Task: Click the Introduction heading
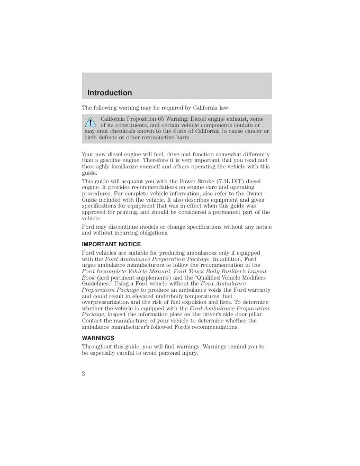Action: coord(110,93)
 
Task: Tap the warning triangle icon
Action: coord(91,122)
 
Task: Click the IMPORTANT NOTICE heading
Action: coord(111,245)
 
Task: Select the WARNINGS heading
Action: coord(98,338)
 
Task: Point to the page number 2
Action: coord(84,373)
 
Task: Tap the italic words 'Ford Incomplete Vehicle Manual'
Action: coord(126,271)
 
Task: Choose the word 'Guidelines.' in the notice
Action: coord(96,284)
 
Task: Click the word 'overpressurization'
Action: coord(106,302)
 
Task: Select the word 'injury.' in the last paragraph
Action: coord(190,353)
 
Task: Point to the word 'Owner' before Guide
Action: coord(255,194)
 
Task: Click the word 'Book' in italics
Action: coord(88,277)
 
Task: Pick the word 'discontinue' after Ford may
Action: coord(124,227)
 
